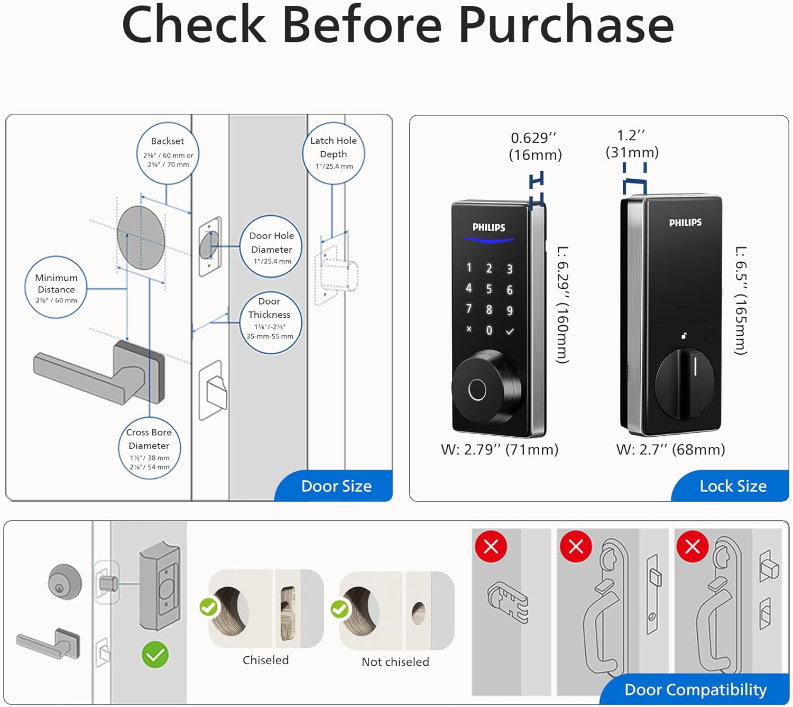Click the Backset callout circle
point(168,153)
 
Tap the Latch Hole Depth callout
point(333,153)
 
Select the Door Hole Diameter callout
point(272,247)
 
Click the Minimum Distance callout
point(56,288)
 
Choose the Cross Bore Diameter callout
point(149,448)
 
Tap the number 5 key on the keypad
point(489,289)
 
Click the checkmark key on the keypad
point(510,332)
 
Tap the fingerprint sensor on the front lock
point(477,390)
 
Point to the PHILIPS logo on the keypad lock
point(488,227)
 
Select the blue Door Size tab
point(336,486)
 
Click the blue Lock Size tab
point(733,486)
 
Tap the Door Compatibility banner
point(695,690)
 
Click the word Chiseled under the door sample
point(265,660)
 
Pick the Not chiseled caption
point(395,662)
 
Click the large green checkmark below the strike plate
point(155,655)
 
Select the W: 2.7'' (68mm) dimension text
point(670,449)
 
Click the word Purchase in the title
point(566,25)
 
